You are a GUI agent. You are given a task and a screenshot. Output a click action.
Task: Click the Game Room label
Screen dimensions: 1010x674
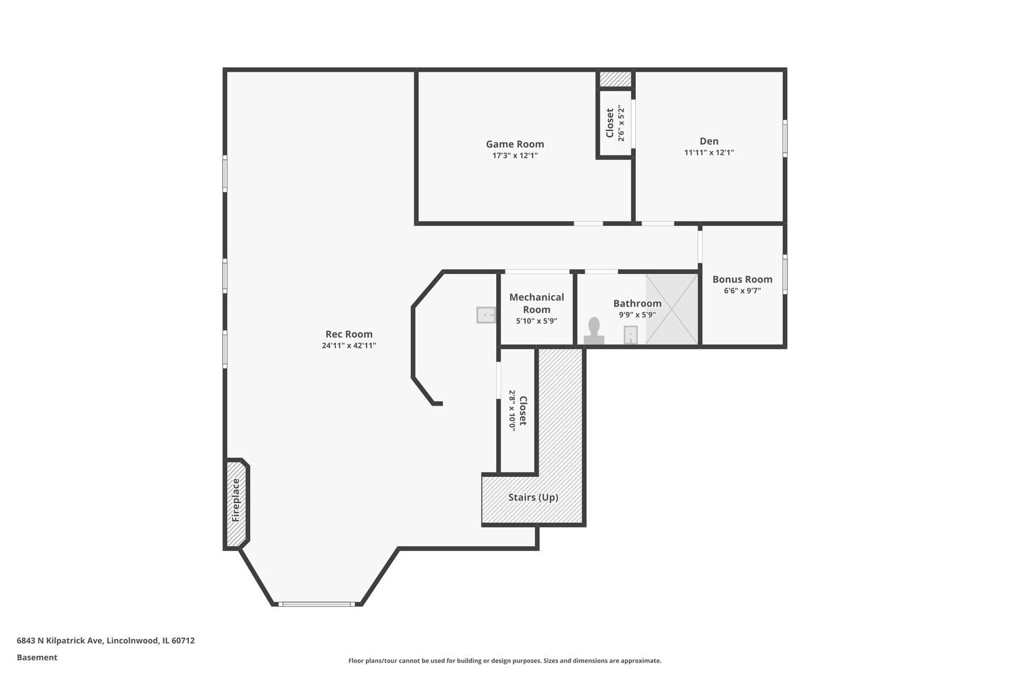515,144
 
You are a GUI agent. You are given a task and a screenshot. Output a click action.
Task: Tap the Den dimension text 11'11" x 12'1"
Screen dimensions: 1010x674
709,153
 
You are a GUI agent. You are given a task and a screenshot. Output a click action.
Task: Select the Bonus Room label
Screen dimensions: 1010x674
742,280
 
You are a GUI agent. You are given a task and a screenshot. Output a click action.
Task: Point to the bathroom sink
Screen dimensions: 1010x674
630,335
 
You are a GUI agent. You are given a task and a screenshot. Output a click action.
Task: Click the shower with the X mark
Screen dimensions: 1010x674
671,309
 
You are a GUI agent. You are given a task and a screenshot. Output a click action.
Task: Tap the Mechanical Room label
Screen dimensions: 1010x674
537,303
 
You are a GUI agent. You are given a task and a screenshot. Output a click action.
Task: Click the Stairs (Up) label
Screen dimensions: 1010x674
534,497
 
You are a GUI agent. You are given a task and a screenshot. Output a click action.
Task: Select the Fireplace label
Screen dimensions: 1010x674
236,501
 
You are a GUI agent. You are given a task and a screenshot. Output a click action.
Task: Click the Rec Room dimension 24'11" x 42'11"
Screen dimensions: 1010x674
349,346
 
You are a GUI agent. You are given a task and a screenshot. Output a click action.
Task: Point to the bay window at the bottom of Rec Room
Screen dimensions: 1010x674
317,604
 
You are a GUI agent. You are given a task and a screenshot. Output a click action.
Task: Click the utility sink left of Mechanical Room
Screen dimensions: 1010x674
486,315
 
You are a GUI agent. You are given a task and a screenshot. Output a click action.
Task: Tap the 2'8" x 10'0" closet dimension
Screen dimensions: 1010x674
512,411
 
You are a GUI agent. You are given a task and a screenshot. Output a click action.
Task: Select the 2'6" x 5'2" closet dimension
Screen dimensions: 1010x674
622,123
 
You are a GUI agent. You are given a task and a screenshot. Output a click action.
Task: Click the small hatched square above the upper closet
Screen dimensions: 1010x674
615,79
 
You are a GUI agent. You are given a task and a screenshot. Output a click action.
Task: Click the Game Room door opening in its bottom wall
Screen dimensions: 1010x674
589,223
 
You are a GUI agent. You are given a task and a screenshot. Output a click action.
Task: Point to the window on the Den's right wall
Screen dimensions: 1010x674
785,139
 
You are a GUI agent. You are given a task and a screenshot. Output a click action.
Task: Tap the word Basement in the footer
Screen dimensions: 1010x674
37,658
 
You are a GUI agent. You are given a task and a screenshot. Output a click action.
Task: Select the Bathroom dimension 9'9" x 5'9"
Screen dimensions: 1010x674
637,315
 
